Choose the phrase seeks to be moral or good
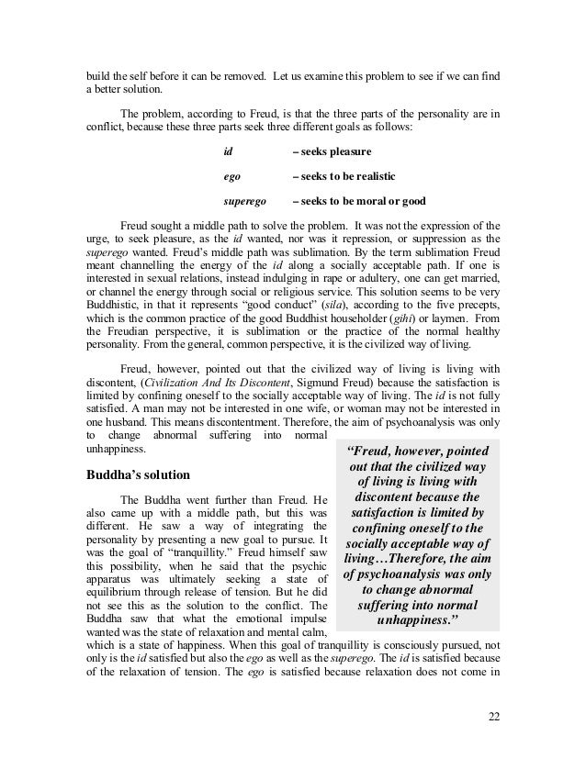[358, 200]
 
